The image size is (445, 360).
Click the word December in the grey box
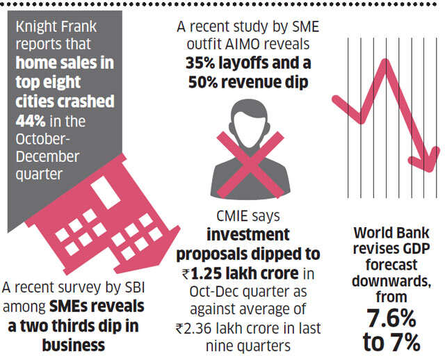49,156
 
